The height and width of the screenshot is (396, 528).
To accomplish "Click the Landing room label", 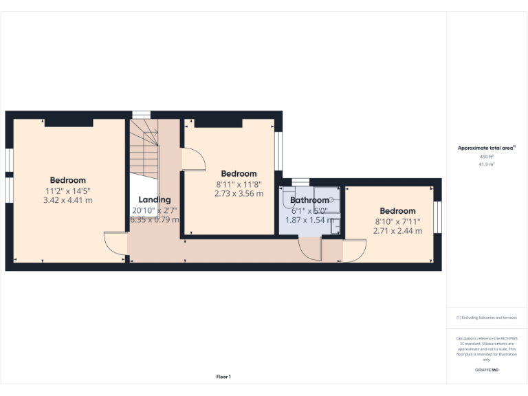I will (x=155, y=200).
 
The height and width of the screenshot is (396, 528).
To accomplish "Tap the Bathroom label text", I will (x=309, y=201).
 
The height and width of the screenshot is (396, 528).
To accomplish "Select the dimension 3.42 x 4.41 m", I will (x=67, y=200).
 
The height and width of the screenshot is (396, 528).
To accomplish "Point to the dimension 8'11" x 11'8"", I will (x=239, y=184).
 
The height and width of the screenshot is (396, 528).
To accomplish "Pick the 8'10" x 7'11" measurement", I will (x=397, y=221).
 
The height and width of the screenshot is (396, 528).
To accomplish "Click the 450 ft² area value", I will (x=487, y=157).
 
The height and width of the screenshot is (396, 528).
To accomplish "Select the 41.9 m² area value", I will (x=487, y=164).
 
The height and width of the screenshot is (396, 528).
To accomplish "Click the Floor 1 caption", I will (x=223, y=377).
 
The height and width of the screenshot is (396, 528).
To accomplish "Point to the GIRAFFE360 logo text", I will (x=487, y=370).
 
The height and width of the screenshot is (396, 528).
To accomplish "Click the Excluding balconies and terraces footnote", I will (x=487, y=318).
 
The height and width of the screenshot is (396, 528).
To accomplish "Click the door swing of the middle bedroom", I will (x=193, y=159).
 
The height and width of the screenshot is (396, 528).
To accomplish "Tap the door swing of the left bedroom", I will (x=115, y=244).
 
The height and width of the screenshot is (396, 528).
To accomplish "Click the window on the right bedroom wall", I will (x=438, y=218).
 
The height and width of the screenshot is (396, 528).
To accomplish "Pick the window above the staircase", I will (x=141, y=114).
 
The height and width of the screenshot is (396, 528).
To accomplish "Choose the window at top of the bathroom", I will (x=300, y=181).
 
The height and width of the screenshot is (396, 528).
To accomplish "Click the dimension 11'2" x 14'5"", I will (x=67, y=190).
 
